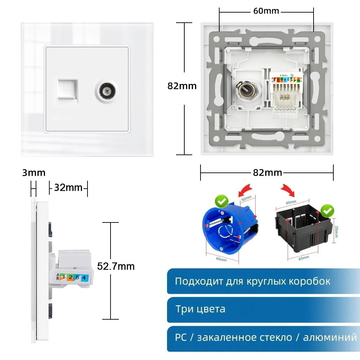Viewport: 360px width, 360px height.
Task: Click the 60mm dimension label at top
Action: (266, 11)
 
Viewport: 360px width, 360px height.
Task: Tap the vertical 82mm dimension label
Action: (182, 86)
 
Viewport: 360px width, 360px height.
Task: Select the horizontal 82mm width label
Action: (267, 172)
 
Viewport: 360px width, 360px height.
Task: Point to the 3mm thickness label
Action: (34, 173)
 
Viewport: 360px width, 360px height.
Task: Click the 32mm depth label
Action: (68, 188)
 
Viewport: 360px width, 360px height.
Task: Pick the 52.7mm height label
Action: (116, 266)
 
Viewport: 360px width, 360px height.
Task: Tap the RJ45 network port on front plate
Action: (66, 87)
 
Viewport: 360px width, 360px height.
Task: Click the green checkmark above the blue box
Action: (220, 201)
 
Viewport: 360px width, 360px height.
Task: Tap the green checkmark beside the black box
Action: (327, 211)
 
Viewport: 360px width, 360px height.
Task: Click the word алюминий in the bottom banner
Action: (330, 338)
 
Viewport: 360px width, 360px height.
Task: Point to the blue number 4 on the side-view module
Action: (84, 278)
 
